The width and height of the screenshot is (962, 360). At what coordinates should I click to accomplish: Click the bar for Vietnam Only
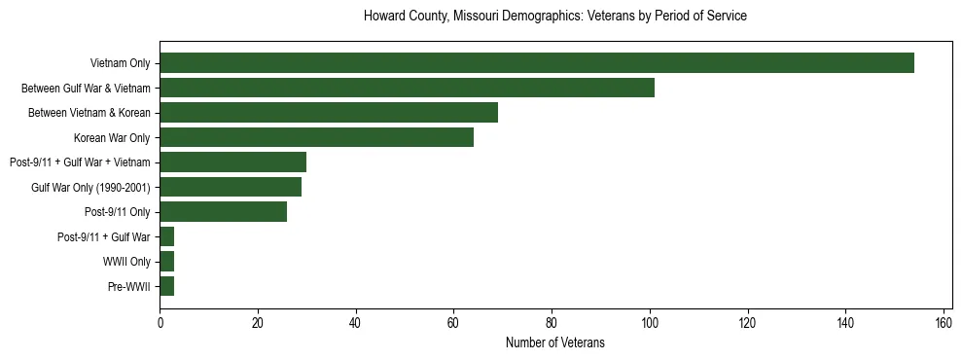click(x=536, y=63)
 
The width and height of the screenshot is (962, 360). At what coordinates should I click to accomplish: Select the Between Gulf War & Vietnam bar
click(x=407, y=88)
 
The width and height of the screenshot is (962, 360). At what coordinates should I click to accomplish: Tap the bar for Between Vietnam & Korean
click(x=329, y=113)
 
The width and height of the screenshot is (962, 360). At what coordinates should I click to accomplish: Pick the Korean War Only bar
click(x=316, y=137)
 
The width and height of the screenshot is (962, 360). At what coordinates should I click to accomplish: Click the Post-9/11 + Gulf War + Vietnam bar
click(x=232, y=162)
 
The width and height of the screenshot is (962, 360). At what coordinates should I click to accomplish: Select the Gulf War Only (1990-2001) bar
click(x=231, y=187)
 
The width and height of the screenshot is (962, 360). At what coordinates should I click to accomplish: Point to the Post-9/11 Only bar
click(x=223, y=212)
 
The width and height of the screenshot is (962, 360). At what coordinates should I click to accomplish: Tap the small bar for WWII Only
click(x=166, y=262)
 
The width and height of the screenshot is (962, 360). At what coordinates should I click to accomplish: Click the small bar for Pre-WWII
click(x=166, y=286)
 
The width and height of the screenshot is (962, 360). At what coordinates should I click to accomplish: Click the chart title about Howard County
click(x=554, y=17)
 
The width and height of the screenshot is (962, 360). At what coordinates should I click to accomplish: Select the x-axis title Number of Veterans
click(x=554, y=342)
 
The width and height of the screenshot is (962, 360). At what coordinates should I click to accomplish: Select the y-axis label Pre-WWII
click(x=128, y=286)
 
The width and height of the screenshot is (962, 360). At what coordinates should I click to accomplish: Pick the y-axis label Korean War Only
click(x=112, y=137)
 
